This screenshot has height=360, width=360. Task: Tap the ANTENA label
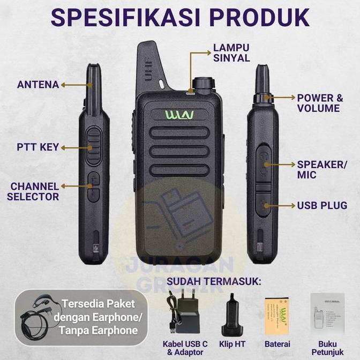[37, 85]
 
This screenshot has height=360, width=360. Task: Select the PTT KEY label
[38, 147]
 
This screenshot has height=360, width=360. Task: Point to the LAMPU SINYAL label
[231, 52]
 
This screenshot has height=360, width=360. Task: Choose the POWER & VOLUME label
[319, 103]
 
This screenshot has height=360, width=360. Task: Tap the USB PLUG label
[322, 205]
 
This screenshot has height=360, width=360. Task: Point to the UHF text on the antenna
[148, 69]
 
